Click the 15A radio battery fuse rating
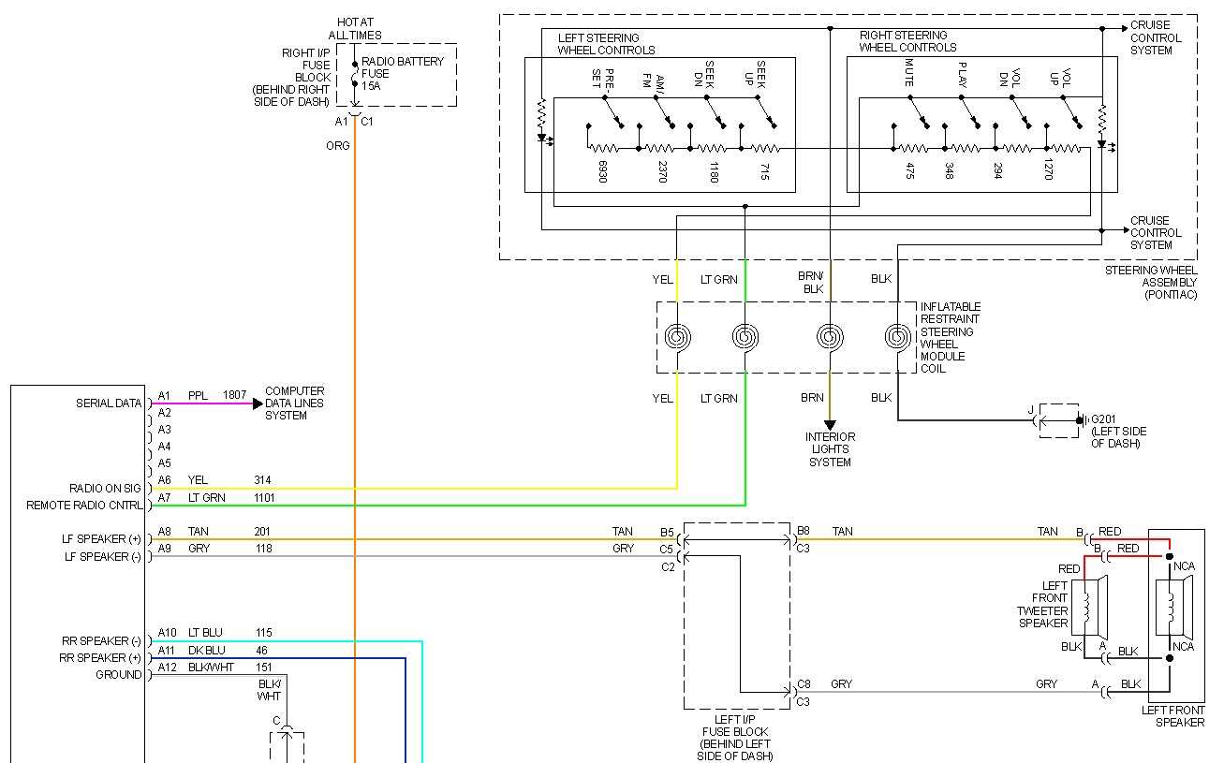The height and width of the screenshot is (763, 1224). pyautogui.click(x=372, y=86)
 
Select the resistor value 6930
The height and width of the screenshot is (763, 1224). pyautogui.click(x=602, y=171)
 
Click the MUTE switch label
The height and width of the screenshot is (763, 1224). pyautogui.click(x=908, y=73)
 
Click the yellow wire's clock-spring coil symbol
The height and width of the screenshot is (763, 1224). pyautogui.click(x=676, y=337)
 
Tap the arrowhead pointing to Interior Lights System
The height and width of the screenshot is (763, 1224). pyautogui.click(x=830, y=425)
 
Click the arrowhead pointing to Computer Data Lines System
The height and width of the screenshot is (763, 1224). pyautogui.click(x=257, y=404)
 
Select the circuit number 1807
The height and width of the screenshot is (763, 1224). pyautogui.click(x=235, y=395)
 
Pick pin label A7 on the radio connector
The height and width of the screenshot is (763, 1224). pyautogui.click(x=165, y=497)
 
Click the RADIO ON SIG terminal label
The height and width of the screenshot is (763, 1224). pyautogui.click(x=105, y=488)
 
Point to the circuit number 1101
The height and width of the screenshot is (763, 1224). pyautogui.click(x=265, y=497)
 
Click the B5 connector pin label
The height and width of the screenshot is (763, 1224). pyautogui.click(x=666, y=532)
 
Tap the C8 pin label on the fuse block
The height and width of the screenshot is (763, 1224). pyautogui.click(x=804, y=684)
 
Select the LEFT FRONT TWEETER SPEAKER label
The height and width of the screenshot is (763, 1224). pyautogui.click(x=1042, y=604)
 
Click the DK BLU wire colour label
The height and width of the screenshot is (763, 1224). pyautogui.click(x=206, y=650)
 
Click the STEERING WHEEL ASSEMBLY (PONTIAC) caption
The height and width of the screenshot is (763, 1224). pyautogui.click(x=1150, y=282)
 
